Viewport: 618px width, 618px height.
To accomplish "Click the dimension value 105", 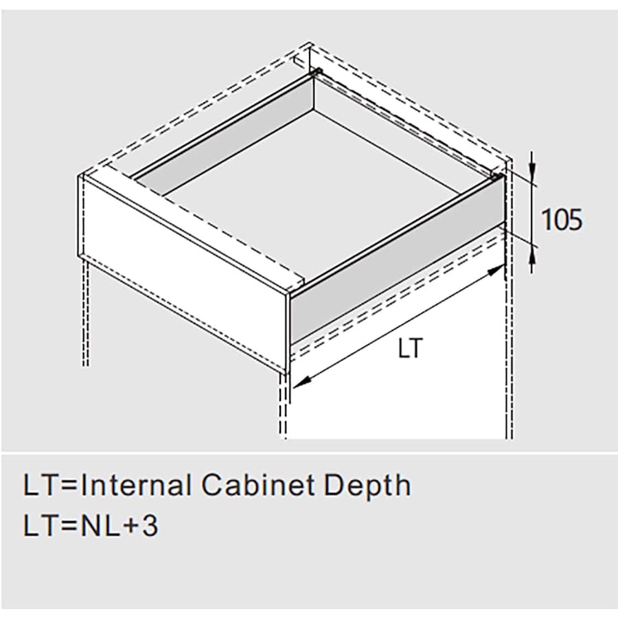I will tap(562, 220).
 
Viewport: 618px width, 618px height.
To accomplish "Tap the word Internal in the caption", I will tap(136, 486).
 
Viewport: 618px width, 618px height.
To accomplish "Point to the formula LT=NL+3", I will tap(91, 527).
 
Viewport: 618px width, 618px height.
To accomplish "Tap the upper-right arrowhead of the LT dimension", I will tap(496, 272).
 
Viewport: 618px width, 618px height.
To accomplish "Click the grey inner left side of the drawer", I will tap(220, 137).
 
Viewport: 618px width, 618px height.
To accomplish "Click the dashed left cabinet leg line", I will tap(84, 309).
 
